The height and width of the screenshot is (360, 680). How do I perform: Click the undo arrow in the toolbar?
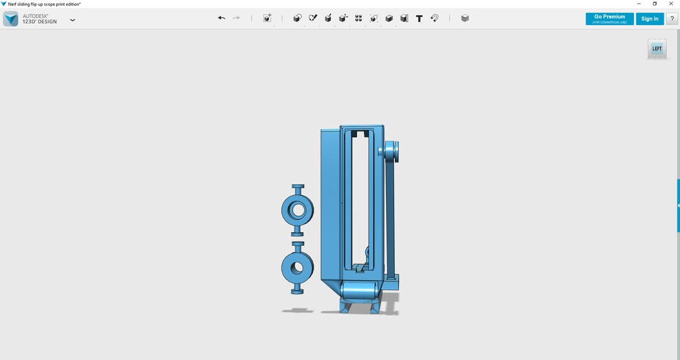tap(222, 18)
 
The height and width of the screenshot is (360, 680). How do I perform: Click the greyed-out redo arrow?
tap(236, 18)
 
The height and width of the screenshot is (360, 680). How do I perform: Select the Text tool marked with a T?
tap(419, 18)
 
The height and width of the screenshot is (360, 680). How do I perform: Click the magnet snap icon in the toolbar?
tap(434, 18)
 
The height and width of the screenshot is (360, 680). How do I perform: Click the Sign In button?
tap(649, 19)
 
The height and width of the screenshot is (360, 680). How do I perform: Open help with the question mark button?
tap(672, 19)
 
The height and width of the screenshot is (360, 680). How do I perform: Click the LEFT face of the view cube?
tap(657, 49)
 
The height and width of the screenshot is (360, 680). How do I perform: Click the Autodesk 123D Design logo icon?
tap(10, 19)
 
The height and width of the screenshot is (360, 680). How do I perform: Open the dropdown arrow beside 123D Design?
tap(72, 20)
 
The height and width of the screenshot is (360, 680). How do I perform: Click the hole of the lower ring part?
tap(297, 267)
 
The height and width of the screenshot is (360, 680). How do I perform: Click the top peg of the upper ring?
tap(298, 188)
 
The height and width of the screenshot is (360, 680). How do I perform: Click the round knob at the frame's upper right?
tap(389, 152)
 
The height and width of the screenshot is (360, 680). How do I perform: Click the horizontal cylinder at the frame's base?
tap(359, 290)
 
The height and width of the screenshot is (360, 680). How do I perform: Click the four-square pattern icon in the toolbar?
tap(358, 18)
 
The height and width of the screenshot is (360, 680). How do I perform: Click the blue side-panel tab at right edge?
tap(677, 206)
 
